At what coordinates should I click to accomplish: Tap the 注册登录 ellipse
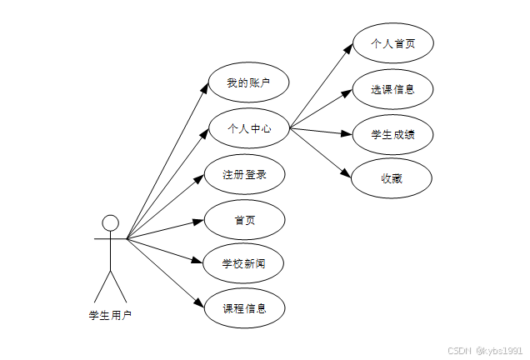pos(245,175)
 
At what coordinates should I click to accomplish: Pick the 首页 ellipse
pos(245,220)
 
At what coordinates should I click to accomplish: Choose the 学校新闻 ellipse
pos(245,264)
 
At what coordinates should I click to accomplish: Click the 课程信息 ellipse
pos(245,308)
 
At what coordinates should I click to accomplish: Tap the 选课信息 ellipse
pos(392,89)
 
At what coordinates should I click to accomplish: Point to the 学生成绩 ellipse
pos(392,133)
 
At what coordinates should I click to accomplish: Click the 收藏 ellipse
pos(392,177)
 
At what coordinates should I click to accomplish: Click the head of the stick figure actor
pos(110,223)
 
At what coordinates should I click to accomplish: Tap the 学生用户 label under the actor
pos(110,315)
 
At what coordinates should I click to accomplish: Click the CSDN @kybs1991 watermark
pos(484,351)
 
